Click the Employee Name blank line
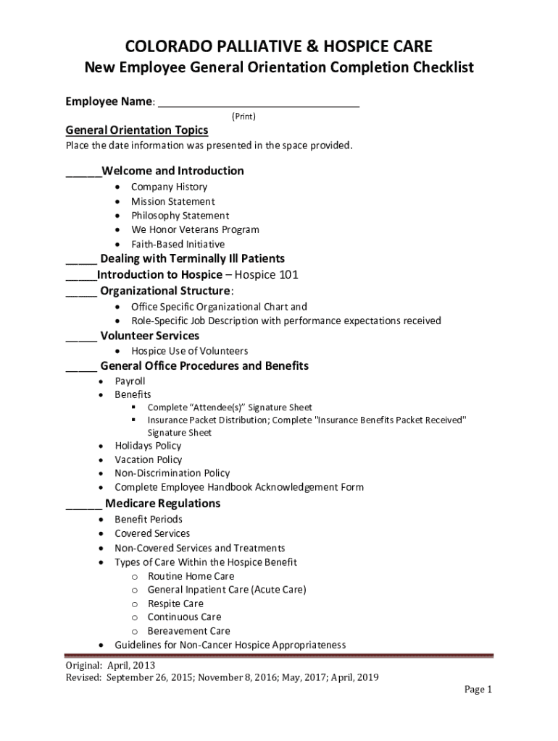(259, 105)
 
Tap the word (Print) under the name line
(243, 117)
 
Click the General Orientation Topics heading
(137, 130)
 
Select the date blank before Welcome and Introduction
(83, 174)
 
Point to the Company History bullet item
(169, 187)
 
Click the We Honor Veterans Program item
(195, 230)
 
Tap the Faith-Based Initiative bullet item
(178, 245)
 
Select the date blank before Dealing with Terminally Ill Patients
(81, 261)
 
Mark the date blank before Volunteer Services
(81, 339)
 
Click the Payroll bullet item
(130, 381)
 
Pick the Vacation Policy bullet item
(149, 460)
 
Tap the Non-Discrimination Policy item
(172, 474)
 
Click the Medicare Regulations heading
(163, 504)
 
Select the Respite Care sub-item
(175, 604)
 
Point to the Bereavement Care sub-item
(188, 631)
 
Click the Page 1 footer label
(478, 690)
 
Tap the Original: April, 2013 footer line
(110, 666)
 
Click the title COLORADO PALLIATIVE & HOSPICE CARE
(279, 47)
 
